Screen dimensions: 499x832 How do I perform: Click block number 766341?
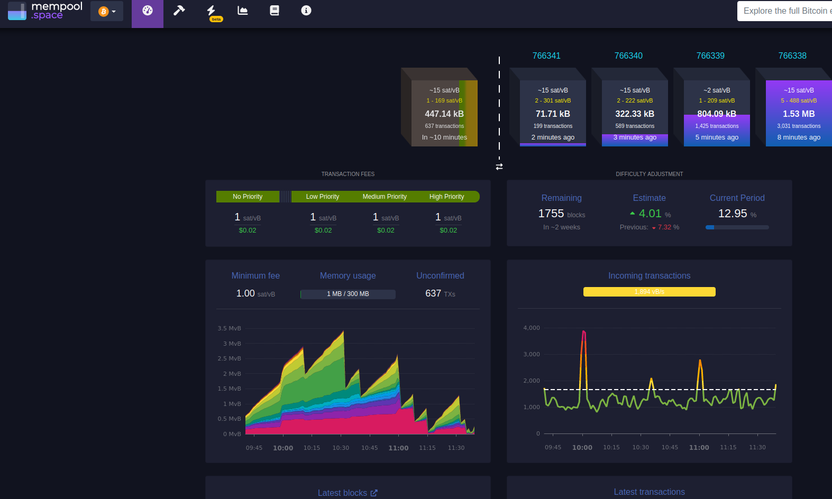point(546,56)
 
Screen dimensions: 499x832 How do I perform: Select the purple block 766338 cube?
point(798,113)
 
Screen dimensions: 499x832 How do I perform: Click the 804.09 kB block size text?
point(717,114)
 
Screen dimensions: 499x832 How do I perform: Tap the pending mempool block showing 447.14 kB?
point(444,114)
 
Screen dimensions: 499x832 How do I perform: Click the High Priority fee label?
point(446,197)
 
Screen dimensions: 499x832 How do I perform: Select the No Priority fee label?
point(248,197)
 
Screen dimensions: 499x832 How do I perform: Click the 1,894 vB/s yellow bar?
point(649,292)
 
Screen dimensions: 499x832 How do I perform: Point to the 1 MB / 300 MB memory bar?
point(348,294)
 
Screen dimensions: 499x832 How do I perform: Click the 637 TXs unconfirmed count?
point(440,293)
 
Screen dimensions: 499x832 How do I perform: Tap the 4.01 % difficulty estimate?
point(650,214)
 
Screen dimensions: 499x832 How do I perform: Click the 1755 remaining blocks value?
point(551,214)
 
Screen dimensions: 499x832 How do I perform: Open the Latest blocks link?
point(347,493)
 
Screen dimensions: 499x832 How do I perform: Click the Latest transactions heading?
point(649,492)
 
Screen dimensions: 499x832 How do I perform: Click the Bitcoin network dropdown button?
point(107,11)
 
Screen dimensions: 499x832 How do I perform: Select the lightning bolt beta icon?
point(212,11)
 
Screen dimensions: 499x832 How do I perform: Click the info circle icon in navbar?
point(306,11)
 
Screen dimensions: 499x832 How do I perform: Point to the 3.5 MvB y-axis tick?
point(229,328)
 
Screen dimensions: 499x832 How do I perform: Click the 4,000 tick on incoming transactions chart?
point(531,328)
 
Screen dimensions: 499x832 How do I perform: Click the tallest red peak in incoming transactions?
point(583,332)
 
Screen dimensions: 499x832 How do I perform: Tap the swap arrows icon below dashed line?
point(499,167)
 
